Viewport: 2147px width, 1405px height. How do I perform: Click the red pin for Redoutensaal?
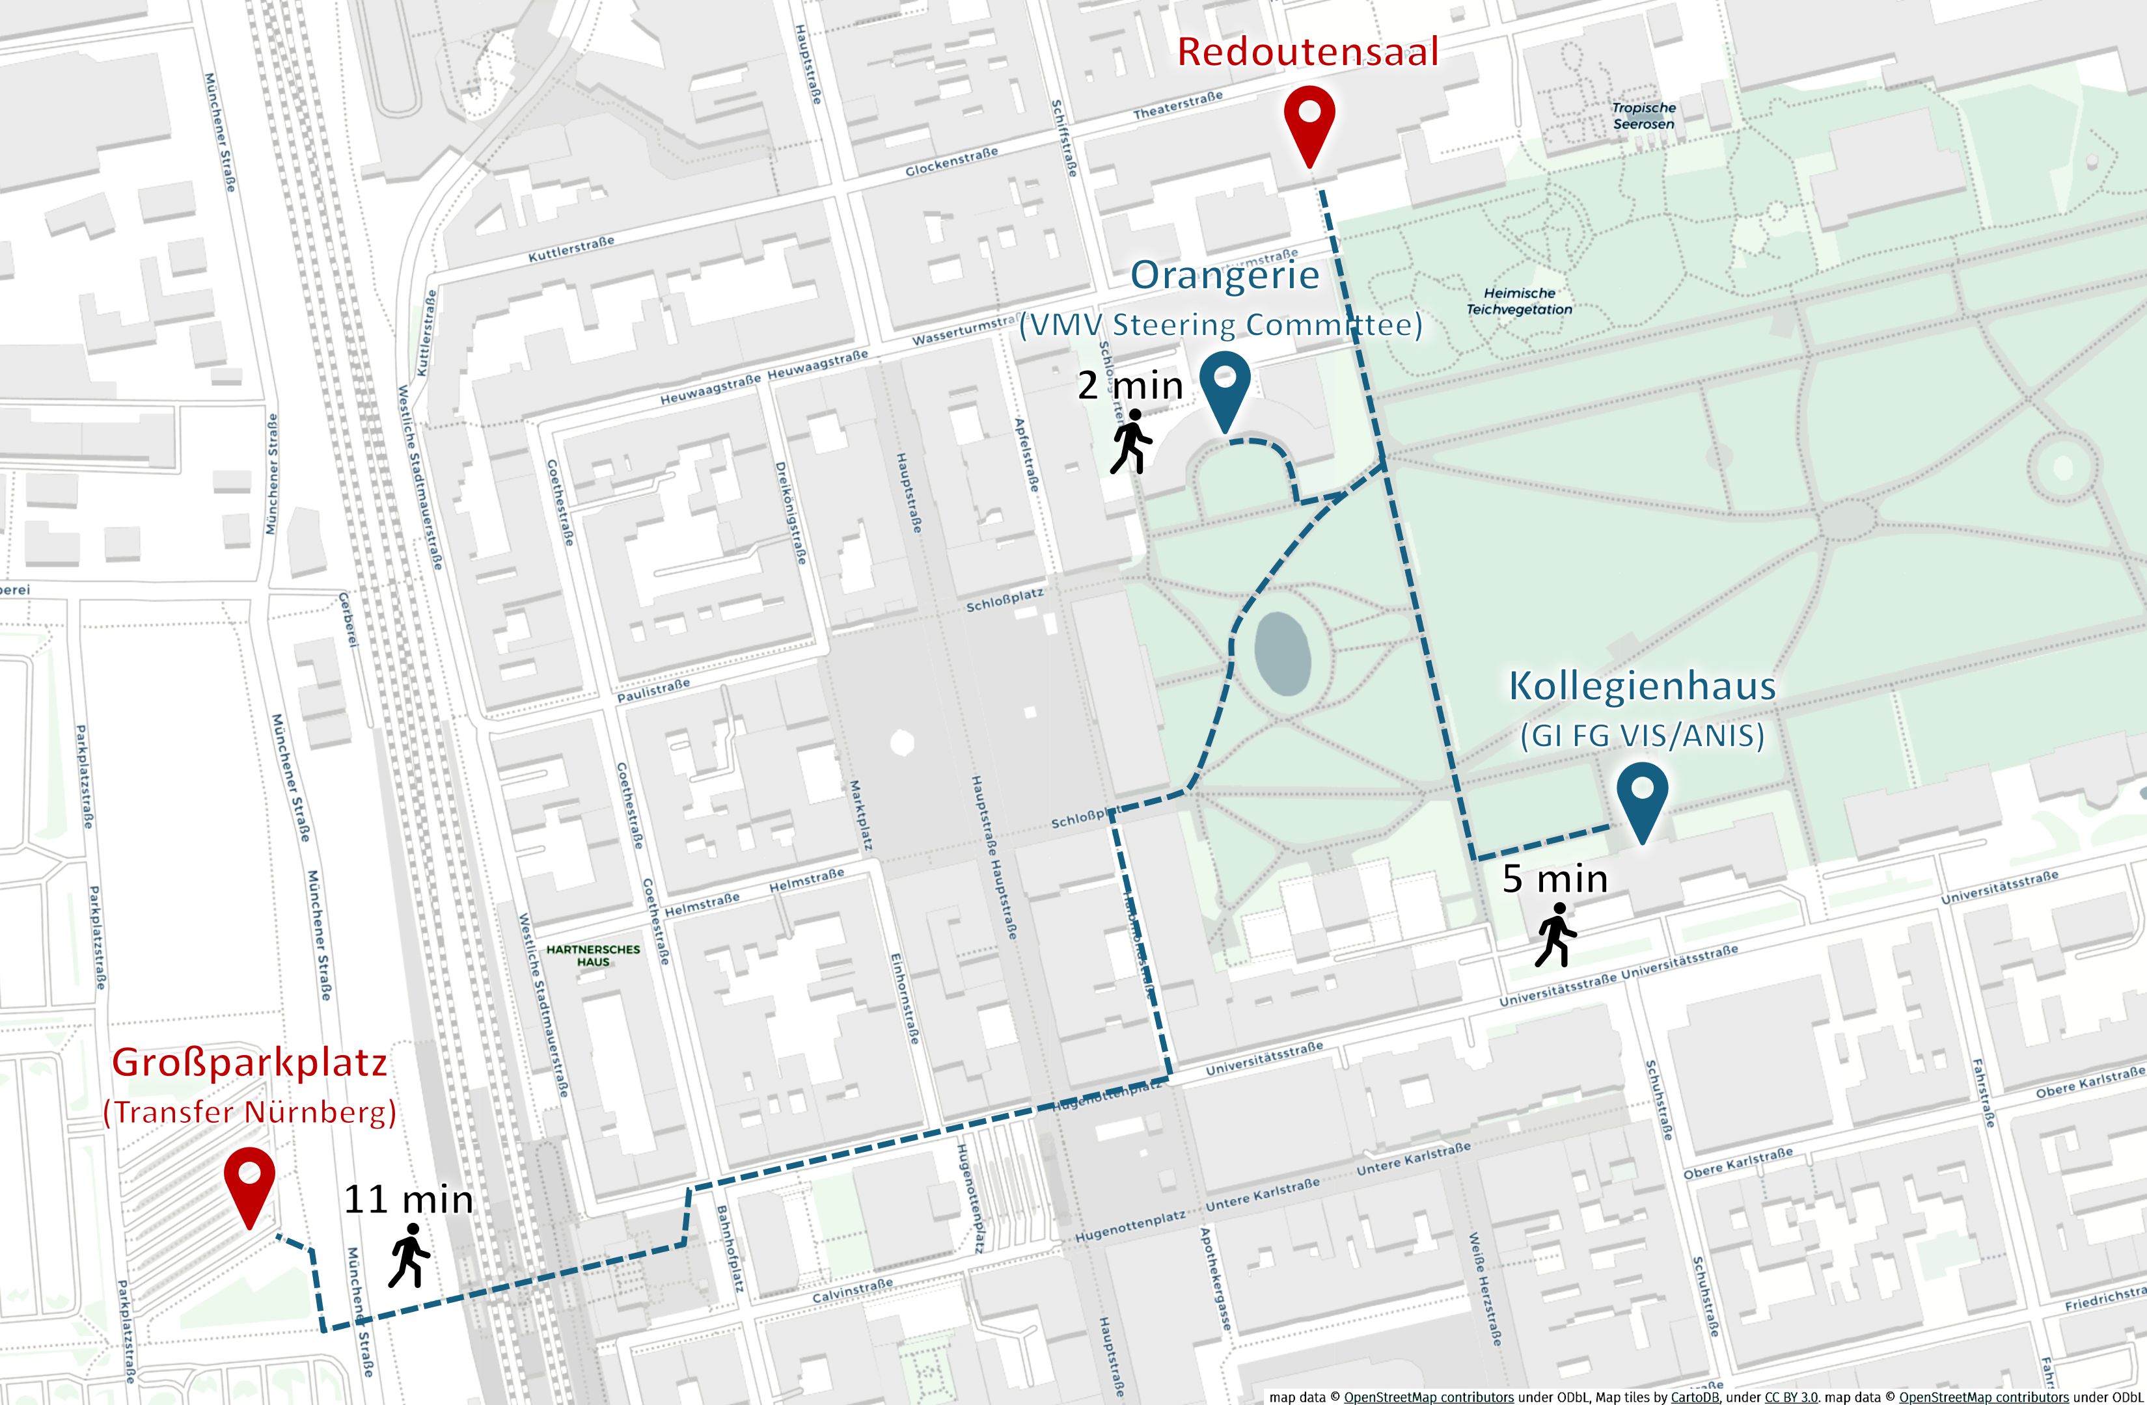pyautogui.click(x=1309, y=117)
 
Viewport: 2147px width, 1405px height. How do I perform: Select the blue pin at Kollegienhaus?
pyautogui.click(x=1642, y=794)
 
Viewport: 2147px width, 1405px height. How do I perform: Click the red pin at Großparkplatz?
pyautogui.click(x=249, y=1179)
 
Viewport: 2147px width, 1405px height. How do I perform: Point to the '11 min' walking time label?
pyautogui.click(x=409, y=1199)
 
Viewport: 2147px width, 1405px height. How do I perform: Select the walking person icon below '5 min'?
pyautogui.click(x=1556, y=935)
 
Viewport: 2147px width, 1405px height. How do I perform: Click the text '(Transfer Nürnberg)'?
pyautogui.click(x=250, y=1112)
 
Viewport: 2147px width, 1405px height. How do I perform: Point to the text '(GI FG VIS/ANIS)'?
pyautogui.click(x=1642, y=736)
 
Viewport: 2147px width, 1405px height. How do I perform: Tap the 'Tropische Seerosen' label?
pyautogui.click(x=1644, y=115)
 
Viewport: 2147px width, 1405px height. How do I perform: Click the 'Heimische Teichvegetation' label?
pyautogui.click(x=1519, y=301)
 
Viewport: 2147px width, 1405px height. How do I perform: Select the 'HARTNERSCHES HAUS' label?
pyautogui.click(x=593, y=955)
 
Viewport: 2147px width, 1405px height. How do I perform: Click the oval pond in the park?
pyautogui.click(x=1282, y=654)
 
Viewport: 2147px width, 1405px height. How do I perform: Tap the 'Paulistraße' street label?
pyautogui.click(x=653, y=691)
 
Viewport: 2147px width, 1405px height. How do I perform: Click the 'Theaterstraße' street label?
pyautogui.click(x=1177, y=105)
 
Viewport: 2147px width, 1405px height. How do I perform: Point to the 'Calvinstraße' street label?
pyautogui.click(x=852, y=1291)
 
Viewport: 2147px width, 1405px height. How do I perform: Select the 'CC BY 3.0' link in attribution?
pyautogui.click(x=1790, y=1397)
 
